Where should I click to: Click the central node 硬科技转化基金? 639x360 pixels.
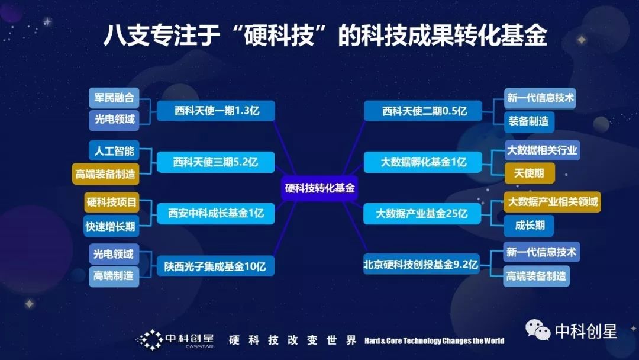click(319, 188)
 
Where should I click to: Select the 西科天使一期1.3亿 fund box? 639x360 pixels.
click(217, 110)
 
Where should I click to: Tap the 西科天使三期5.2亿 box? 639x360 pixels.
click(217, 161)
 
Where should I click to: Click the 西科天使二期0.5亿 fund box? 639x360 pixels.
click(424, 111)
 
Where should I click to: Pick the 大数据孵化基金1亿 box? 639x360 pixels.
click(424, 161)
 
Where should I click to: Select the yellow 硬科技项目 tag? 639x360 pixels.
click(112, 202)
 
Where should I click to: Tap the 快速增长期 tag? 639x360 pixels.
click(114, 225)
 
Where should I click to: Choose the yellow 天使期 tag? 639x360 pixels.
click(529, 172)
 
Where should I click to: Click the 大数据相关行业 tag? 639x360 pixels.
click(541, 150)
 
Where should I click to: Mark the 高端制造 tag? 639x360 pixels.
click(114, 275)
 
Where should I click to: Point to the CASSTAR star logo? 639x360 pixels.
click(150, 339)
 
